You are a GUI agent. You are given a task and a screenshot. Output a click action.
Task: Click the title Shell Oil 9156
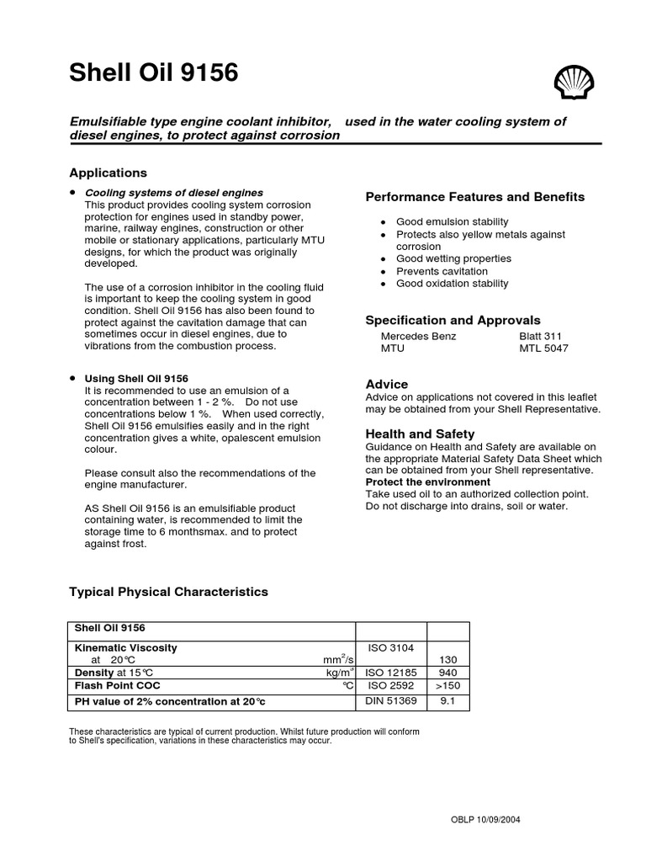coord(153,74)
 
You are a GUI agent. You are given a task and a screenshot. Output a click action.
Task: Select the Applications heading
coord(108,173)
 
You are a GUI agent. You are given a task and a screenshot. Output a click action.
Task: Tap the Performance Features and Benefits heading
coord(474,197)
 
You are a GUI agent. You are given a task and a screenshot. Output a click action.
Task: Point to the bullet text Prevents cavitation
coord(442,271)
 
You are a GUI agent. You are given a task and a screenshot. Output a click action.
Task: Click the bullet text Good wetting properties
coord(453,258)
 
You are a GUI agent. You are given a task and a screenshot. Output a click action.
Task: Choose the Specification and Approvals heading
coord(453,321)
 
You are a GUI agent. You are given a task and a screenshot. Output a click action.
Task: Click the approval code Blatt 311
coord(541,336)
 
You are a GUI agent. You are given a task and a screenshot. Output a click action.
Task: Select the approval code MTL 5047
coord(543,348)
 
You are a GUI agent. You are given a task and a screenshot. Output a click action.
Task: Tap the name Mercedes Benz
coord(419,336)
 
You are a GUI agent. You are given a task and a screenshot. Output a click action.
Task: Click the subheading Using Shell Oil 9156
coord(136,379)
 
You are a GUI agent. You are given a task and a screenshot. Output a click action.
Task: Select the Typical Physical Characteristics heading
coord(168,592)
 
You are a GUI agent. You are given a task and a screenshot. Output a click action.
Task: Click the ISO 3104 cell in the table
coord(391,647)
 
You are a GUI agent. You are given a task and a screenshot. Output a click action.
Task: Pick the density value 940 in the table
coord(448,673)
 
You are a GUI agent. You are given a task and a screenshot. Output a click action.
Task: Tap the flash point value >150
coord(448,686)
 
